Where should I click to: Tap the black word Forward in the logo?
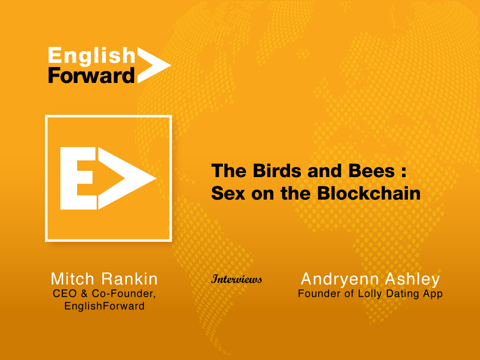(91, 76)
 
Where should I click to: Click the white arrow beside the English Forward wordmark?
(154, 65)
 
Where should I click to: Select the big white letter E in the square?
(78, 178)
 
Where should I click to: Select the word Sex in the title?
(228, 193)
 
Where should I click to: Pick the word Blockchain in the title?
(369, 193)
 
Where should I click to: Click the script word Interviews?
(237, 279)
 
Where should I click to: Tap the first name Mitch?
(72, 279)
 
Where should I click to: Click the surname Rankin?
(130, 279)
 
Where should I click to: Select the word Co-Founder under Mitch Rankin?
(124, 294)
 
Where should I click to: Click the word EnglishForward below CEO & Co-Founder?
(105, 306)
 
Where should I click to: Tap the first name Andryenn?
(340, 279)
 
